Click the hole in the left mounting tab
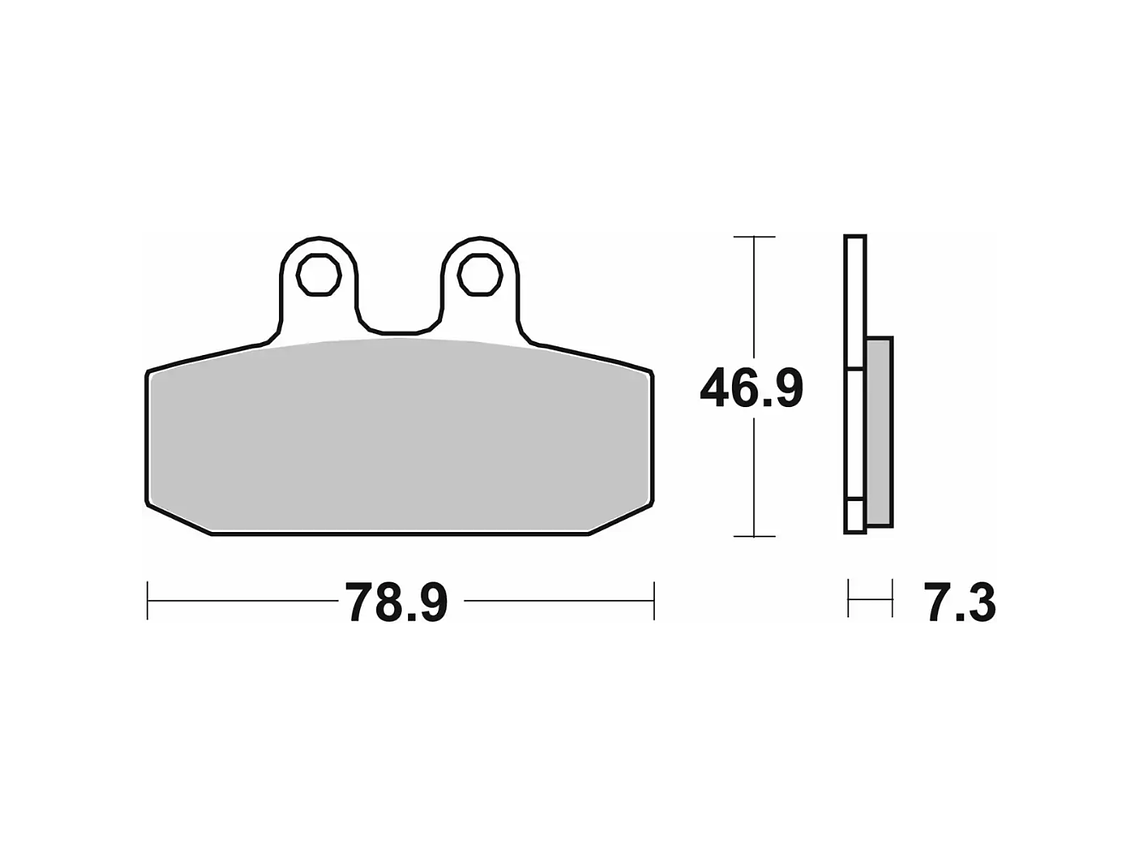tap(318, 275)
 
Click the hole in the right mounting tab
tap(480, 275)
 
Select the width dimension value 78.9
tap(397, 602)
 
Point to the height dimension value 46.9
tap(751, 388)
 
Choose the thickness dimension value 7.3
tap(959, 602)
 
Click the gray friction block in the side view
tap(879, 432)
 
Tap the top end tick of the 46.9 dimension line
tap(754, 237)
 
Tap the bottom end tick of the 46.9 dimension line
tap(754, 537)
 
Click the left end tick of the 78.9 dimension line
tap(148, 600)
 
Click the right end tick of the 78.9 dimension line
tap(654, 600)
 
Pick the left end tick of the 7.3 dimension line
tap(848, 599)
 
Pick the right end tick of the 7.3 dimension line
tap(892, 599)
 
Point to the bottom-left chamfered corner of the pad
tap(178, 518)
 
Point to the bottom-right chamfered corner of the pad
tap(622, 518)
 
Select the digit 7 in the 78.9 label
tap(360, 602)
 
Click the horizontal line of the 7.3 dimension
tap(870, 599)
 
